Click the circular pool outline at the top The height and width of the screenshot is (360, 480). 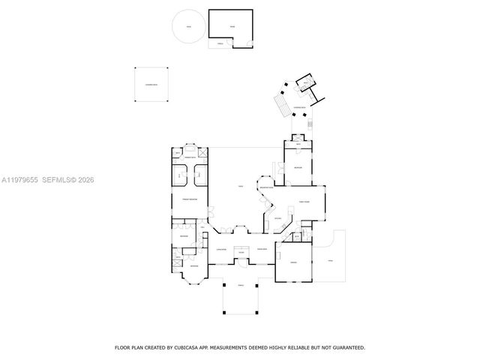(x=188, y=28)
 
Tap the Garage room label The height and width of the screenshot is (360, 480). (x=293, y=262)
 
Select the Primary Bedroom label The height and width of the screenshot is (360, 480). (x=189, y=199)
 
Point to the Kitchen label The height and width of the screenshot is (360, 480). (x=277, y=219)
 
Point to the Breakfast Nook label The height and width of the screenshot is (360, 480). (x=265, y=187)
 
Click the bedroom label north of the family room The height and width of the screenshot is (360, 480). (x=298, y=166)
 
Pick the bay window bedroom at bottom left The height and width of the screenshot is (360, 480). (x=193, y=267)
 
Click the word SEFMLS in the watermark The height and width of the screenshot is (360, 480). (x=58, y=179)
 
